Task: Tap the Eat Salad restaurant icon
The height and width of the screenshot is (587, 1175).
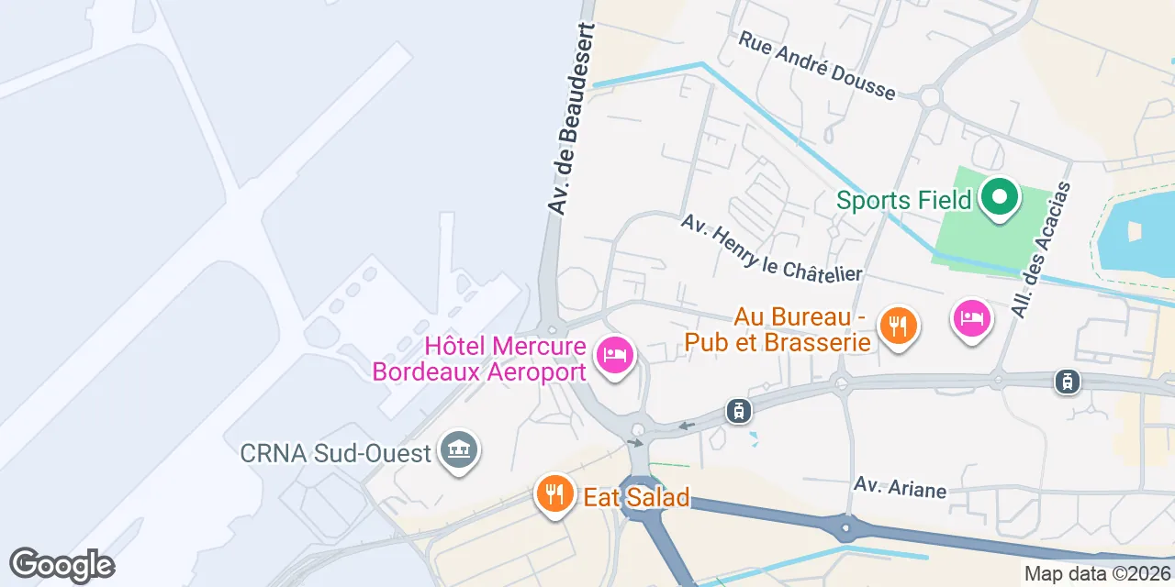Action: (x=553, y=494)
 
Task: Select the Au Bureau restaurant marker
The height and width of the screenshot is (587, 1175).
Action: (x=898, y=326)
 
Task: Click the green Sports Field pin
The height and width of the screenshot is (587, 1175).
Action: (x=999, y=197)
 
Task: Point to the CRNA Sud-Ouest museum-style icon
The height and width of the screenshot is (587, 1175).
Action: (x=458, y=450)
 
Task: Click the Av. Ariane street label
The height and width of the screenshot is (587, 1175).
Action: (x=900, y=487)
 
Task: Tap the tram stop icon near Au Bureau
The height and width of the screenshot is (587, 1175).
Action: (x=739, y=410)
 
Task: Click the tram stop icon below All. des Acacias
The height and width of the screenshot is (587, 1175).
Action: (x=1067, y=381)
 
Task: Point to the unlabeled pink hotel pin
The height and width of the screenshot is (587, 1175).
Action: (x=972, y=319)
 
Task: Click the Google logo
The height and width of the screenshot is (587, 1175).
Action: (x=62, y=566)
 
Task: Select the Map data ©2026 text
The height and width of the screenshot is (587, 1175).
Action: (x=1098, y=574)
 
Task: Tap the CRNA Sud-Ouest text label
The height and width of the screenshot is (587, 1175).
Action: (x=337, y=453)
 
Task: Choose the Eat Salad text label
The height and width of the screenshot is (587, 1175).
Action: (x=636, y=498)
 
